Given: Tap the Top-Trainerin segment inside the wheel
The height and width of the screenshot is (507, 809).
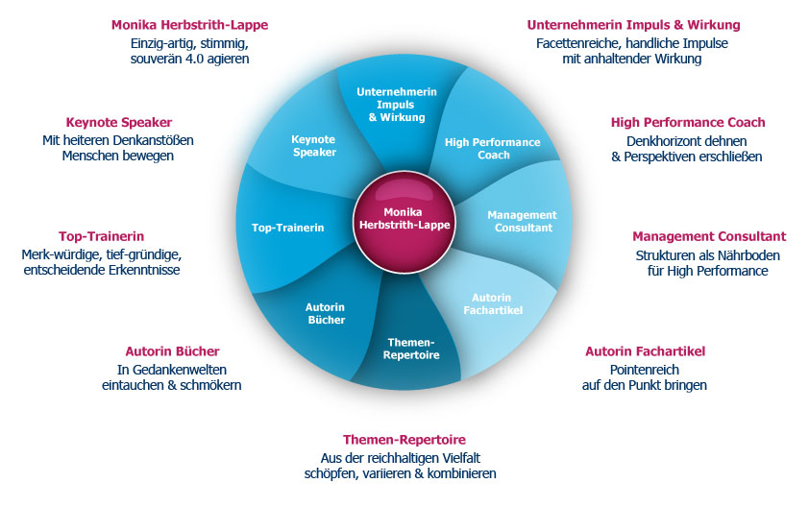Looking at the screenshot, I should coord(287,228).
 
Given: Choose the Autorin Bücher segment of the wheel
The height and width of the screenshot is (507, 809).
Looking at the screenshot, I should coord(325,313).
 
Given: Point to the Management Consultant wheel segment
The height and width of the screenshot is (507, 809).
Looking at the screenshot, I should coord(522,221).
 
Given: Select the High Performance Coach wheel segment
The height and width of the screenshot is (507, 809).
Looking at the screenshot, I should coord(492,148).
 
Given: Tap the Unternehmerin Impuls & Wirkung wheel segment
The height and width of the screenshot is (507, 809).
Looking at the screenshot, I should coord(397,104).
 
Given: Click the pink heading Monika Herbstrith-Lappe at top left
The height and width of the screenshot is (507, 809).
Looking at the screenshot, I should coord(189,25).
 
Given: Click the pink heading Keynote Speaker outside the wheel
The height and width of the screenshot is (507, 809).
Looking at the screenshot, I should coord(119,122).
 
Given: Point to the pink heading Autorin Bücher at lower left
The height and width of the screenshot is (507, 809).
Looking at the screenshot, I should coord(172,350).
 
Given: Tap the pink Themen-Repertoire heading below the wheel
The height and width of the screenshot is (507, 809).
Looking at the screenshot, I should coord(404,440).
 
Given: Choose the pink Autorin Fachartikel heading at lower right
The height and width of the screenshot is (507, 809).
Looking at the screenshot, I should coord(645,350).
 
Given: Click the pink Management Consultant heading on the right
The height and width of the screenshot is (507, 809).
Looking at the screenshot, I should coord(709,235).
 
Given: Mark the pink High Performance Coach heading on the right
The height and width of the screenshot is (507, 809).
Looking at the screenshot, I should coord(688,122).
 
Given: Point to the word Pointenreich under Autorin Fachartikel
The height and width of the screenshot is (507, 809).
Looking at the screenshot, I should coord(645,369).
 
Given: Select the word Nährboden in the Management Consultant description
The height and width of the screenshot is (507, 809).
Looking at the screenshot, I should coord(750,254).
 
